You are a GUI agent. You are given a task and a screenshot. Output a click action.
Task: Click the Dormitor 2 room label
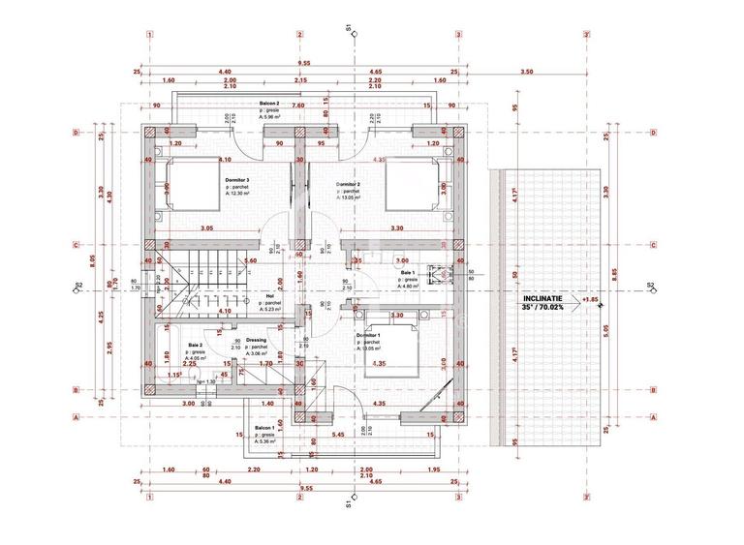(x=349, y=184)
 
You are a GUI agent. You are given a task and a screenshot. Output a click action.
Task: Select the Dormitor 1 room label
(x=368, y=335)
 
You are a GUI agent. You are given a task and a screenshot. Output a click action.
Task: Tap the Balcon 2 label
(x=269, y=103)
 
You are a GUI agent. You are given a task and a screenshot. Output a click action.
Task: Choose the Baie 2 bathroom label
(x=196, y=345)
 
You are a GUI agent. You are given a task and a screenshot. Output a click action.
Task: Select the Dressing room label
(x=257, y=340)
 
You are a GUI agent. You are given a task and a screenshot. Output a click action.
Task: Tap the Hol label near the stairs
(x=269, y=296)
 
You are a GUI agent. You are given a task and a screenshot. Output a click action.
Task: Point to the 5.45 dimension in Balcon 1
(x=336, y=437)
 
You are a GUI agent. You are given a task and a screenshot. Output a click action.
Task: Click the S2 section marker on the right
(x=651, y=287)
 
